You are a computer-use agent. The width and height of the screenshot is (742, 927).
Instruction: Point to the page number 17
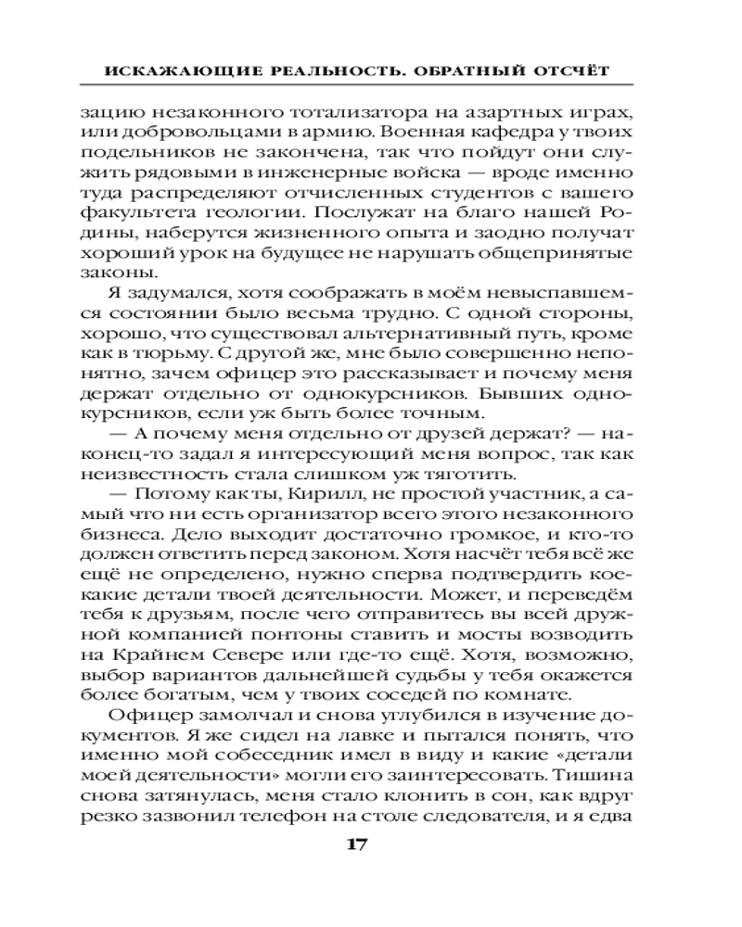click(x=359, y=845)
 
